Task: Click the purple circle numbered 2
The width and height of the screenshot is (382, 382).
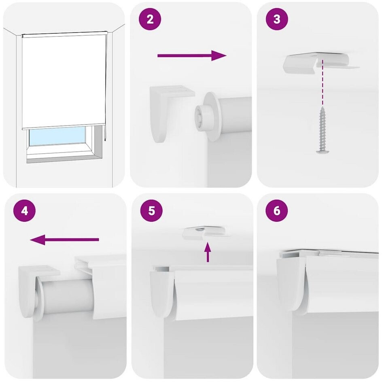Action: [150, 19]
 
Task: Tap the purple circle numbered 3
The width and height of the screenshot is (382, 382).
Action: [277, 19]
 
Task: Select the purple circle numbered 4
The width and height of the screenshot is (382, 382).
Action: [24, 210]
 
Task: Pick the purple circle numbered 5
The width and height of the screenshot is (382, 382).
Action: [151, 210]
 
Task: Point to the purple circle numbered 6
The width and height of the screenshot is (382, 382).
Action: [277, 210]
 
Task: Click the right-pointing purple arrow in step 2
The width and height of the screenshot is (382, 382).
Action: [192, 55]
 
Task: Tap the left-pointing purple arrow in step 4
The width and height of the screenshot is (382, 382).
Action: [65, 240]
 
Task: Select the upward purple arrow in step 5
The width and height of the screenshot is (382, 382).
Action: [208, 252]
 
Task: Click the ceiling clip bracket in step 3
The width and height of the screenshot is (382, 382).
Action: [321, 63]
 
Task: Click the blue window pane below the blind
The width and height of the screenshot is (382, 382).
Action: [57, 136]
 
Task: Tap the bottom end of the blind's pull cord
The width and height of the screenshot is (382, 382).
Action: [105, 140]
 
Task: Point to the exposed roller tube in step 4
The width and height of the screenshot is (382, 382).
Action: [67, 296]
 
